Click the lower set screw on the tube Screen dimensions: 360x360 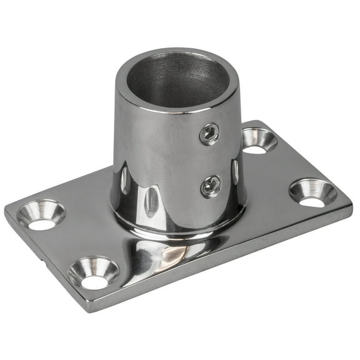click(209, 185)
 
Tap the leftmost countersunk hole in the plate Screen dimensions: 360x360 click(41, 215)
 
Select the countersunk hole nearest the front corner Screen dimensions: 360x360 click(93, 272)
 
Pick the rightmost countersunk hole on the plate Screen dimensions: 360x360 click(312, 192)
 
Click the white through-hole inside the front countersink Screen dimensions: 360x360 click(94, 281)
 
